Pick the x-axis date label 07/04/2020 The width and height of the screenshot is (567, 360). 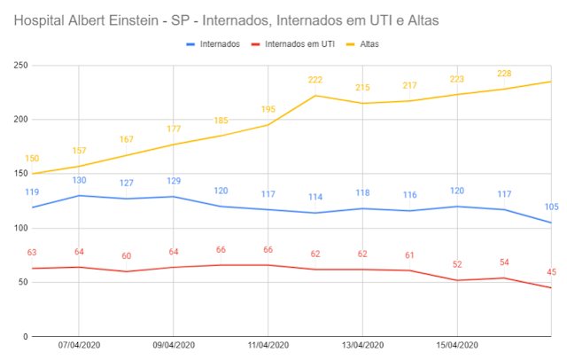pyautogui.click(x=79, y=346)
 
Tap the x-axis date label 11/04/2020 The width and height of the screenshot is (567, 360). pyautogui.click(x=268, y=346)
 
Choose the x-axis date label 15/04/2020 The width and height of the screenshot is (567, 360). pyautogui.click(x=456, y=346)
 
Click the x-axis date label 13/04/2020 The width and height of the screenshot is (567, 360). pyautogui.click(x=362, y=346)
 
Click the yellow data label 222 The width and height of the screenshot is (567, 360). pyautogui.click(x=315, y=80)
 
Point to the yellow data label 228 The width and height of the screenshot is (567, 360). pyautogui.click(x=504, y=74)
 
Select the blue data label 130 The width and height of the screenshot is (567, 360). pyautogui.click(x=79, y=180)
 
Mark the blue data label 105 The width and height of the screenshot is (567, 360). pyautogui.click(x=550, y=207)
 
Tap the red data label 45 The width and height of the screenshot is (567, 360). pyautogui.click(x=550, y=272)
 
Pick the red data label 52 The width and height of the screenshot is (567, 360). pyautogui.click(x=456, y=264)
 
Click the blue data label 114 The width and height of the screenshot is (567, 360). pyautogui.click(x=315, y=197)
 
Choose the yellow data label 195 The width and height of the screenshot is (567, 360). pyautogui.click(x=268, y=109)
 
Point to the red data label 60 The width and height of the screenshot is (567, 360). pyautogui.click(x=127, y=256)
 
